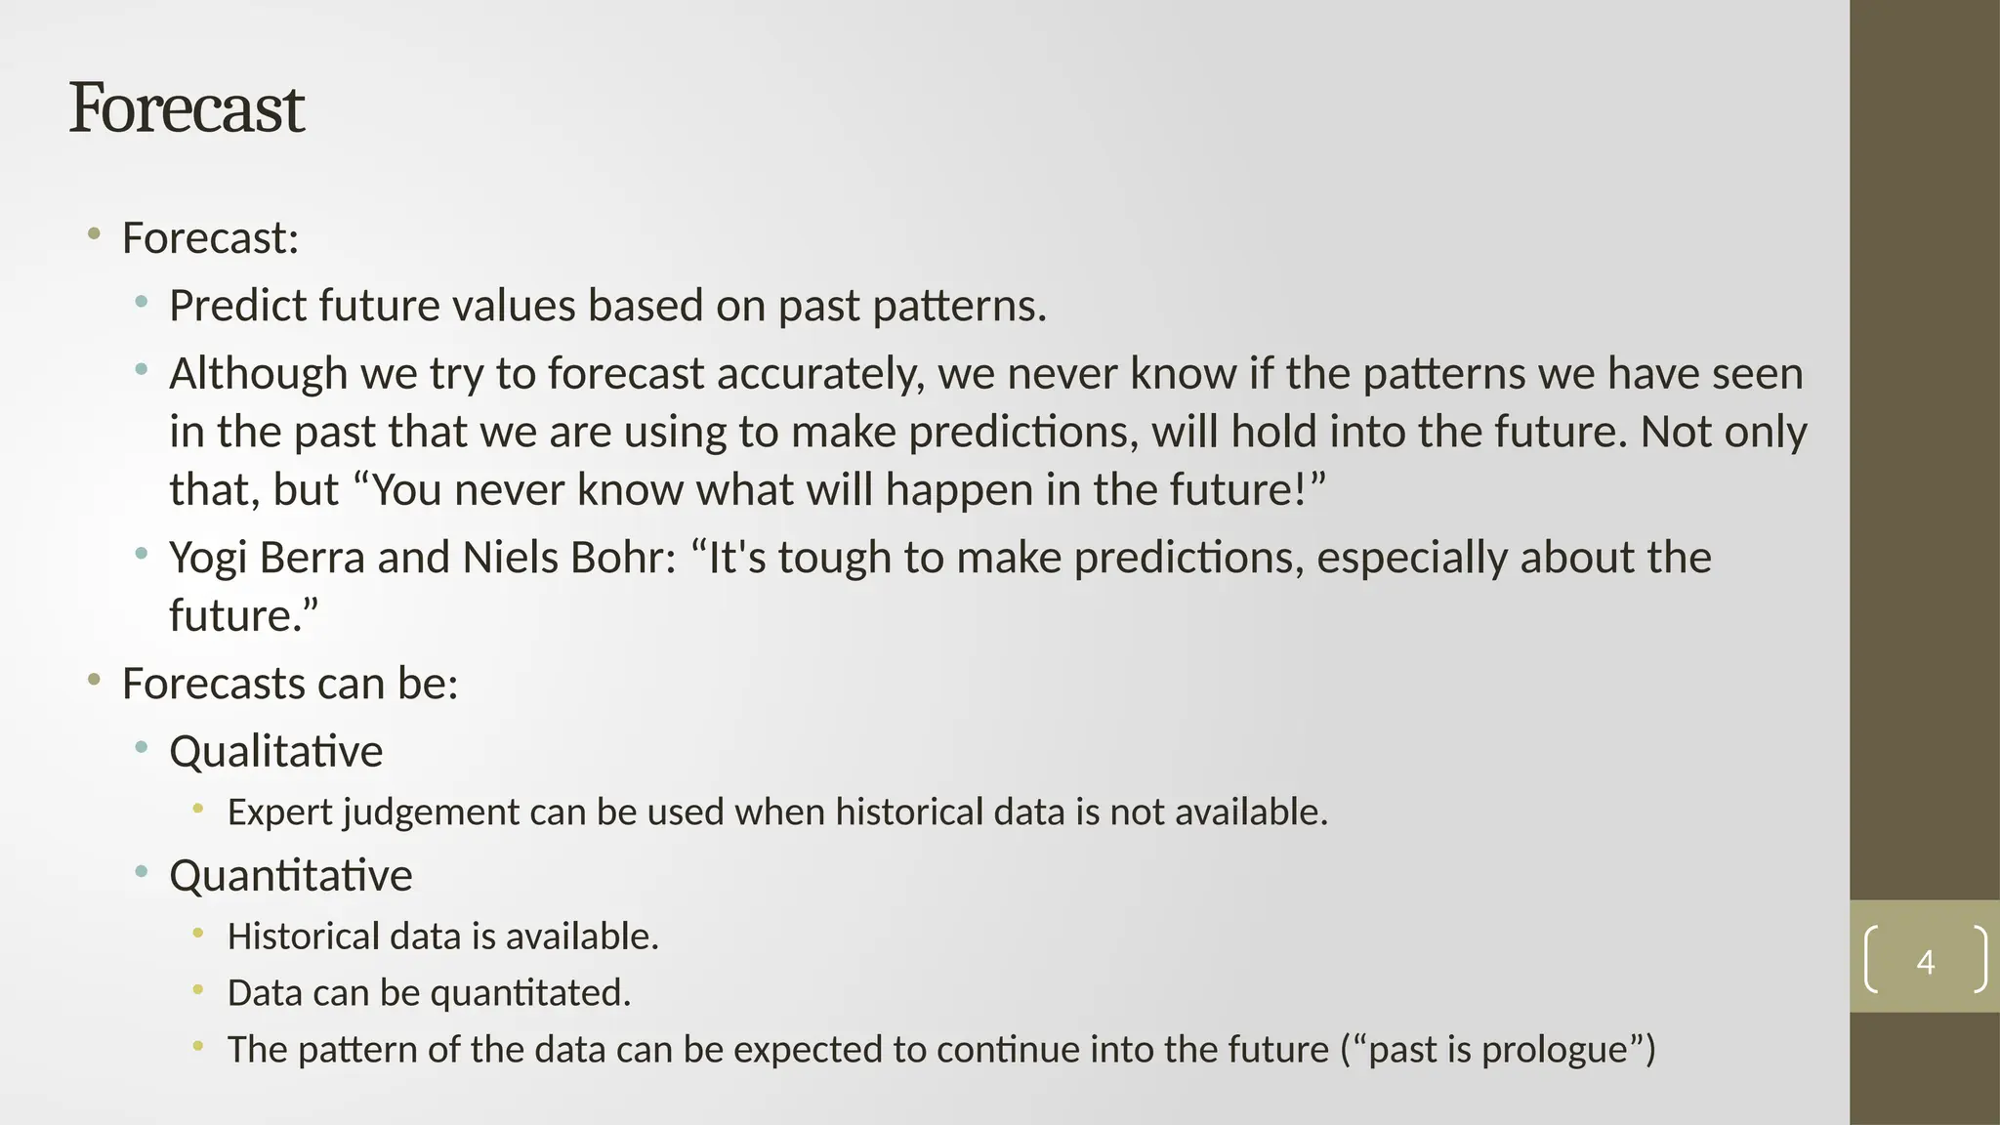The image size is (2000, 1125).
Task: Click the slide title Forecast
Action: tap(187, 108)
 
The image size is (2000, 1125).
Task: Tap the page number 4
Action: tap(1925, 962)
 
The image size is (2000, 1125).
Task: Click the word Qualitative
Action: tap(275, 751)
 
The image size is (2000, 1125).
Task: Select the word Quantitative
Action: tap(290, 875)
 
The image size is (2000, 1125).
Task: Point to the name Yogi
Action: tap(208, 559)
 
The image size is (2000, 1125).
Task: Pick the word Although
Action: tap(258, 374)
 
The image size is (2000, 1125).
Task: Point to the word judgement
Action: tap(430, 812)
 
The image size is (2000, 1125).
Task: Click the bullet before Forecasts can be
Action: tap(94, 680)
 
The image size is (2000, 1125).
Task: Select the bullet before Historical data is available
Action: tap(198, 934)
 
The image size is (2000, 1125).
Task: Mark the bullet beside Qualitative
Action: tap(142, 749)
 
